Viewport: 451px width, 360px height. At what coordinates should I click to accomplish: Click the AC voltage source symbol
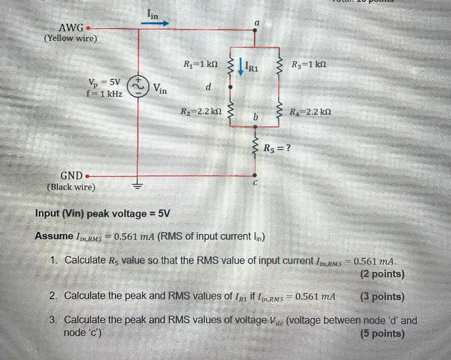(x=138, y=87)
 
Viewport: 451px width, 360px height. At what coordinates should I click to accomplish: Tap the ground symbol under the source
(x=138, y=186)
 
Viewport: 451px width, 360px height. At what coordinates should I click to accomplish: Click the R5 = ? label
(x=277, y=148)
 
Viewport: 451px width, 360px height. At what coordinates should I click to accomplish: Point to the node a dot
(x=255, y=30)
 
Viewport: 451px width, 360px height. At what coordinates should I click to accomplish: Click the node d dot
(x=229, y=87)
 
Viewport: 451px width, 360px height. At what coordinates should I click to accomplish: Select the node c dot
(x=255, y=174)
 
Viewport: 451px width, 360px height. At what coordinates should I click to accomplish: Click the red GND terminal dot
(x=88, y=175)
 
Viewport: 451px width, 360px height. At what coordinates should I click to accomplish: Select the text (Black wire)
(x=70, y=187)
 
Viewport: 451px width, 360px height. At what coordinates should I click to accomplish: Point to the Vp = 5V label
(x=104, y=82)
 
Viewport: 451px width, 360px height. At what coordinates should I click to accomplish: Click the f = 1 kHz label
(x=105, y=93)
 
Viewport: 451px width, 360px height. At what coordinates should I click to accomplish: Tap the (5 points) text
(x=382, y=334)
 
